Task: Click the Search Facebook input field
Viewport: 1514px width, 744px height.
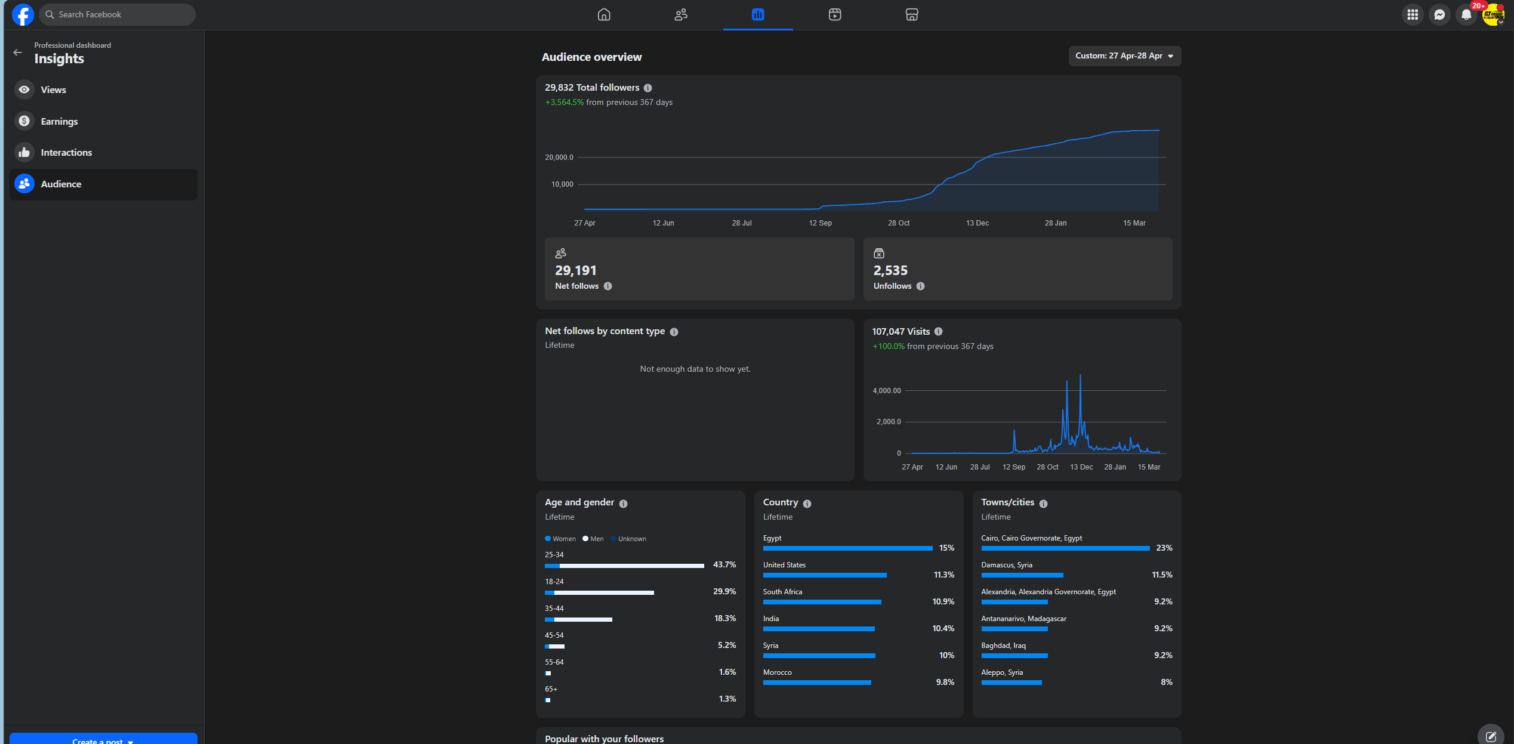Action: pyautogui.click(x=117, y=14)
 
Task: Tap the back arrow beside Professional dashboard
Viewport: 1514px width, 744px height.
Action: pyautogui.click(x=18, y=53)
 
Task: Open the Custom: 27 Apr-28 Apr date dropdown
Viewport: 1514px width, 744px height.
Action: pyautogui.click(x=1124, y=56)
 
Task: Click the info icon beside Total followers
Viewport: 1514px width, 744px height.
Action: pyautogui.click(x=647, y=88)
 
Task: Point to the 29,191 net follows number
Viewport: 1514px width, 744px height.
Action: pyautogui.click(x=576, y=271)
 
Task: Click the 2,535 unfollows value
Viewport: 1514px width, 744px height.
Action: pyautogui.click(x=890, y=271)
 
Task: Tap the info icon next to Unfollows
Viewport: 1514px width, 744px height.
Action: pyautogui.click(x=920, y=286)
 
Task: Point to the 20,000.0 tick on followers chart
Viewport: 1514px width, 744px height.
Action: pyautogui.click(x=559, y=158)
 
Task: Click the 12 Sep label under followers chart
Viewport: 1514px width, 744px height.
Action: pyautogui.click(x=820, y=223)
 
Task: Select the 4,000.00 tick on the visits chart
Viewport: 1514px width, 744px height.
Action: pyautogui.click(x=886, y=391)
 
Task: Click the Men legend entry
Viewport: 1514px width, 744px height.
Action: pyautogui.click(x=593, y=539)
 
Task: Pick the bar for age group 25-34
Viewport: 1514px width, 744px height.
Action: pyautogui.click(x=624, y=566)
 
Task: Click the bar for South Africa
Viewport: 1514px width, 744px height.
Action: pyautogui.click(x=822, y=602)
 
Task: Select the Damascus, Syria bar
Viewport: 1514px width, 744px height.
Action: pyautogui.click(x=1022, y=575)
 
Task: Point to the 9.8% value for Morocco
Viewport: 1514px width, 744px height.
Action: pyautogui.click(x=945, y=683)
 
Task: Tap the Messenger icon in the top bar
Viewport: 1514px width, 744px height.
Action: pyautogui.click(x=1439, y=15)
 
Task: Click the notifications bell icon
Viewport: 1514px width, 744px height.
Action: pyautogui.click(x=1466, y=15)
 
